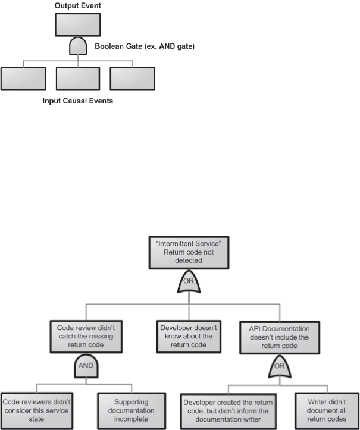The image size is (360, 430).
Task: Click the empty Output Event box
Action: click(x=78, y=24)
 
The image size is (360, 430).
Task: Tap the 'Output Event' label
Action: click(x=78, y=5)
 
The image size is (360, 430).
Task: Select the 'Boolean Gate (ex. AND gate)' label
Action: click(x=145, y=45)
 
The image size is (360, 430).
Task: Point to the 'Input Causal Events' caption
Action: click(x=78, y=101)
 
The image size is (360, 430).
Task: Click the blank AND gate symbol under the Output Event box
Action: click(x=78, y=45)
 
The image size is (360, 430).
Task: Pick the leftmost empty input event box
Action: click(x=23, y=79)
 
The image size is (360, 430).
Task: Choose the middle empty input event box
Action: click(x=78, y=79)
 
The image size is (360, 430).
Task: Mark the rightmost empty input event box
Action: click(x=132, y=79)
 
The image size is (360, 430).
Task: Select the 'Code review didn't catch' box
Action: click(x=86, y=335)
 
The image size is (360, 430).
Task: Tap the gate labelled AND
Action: click(x=86, y=366)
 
